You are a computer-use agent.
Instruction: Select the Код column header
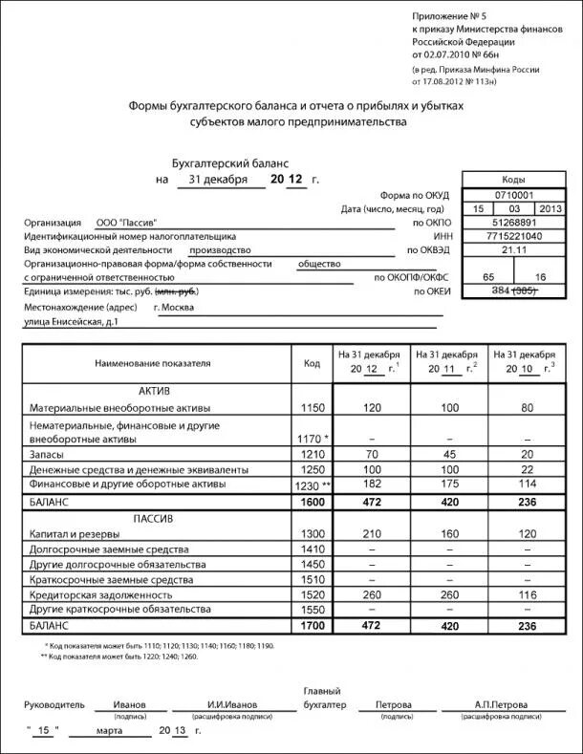pyautogui.click(x=312, y=364)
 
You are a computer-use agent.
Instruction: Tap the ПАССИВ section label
pyautogui.click(x=155, y=518)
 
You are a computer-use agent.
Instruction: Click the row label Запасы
pyautogui.click(x=47, y=455)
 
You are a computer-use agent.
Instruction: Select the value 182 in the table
pyautogui.click(x=372, y=485)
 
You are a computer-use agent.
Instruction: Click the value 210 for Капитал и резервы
pyautogui.click(x=372, y=533)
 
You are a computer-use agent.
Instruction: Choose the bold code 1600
pyautogui.click(x=312, y=501)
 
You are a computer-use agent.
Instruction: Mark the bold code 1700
pyautogui.click(x=312, y=625)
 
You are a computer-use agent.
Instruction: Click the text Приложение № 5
pyautogui.click(x=450, y=17)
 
